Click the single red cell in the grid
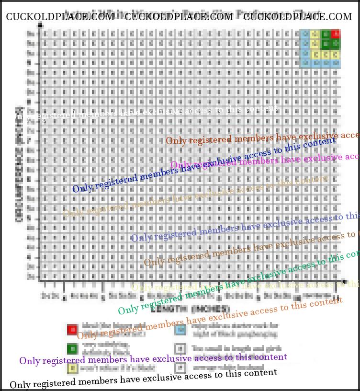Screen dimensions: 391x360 pos(336,34)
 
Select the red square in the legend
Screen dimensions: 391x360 pos(72,330)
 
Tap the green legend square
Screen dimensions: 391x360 pos(72,349)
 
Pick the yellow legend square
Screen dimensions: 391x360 pos(72,368)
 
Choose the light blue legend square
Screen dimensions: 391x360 pos(180,330)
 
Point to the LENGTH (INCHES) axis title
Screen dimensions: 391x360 pos(191,308)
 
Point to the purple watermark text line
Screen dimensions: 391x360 pos(153,359)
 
